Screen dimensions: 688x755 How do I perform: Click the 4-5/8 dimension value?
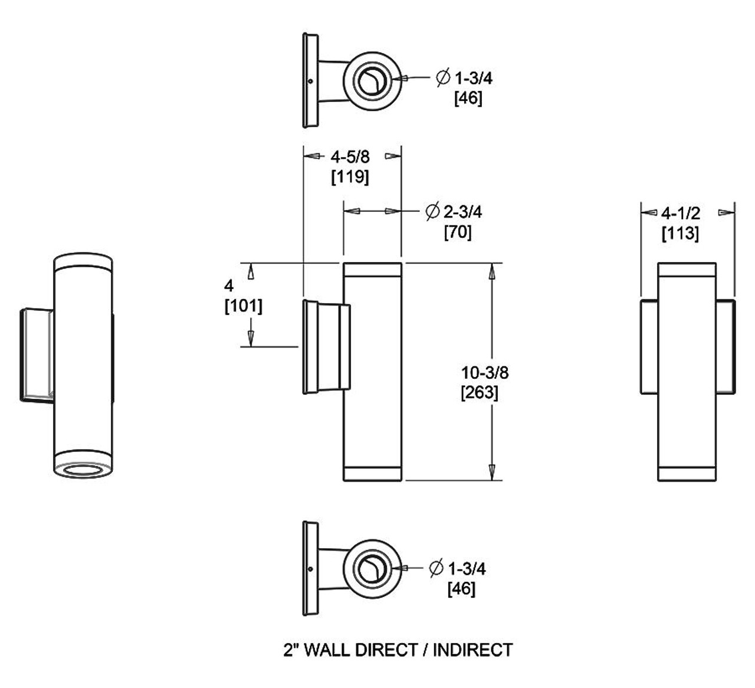point(350,157)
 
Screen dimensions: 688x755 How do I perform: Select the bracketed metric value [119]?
point(350,176)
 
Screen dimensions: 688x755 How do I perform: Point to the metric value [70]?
point(458,232)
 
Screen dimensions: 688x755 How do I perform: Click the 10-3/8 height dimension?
point(484,372)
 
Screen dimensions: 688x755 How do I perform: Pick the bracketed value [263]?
point(479,392)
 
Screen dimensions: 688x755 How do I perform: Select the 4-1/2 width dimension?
point(680,213)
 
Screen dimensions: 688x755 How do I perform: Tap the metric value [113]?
point(680,233)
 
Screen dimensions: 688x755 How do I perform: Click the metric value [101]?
point(243,306)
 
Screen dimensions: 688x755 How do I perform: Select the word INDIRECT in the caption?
point(472,650)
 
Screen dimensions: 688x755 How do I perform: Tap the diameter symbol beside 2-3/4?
point(432,211)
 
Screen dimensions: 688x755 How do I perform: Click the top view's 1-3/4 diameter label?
point(472,78)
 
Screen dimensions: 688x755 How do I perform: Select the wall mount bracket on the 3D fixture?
point(37,355)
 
